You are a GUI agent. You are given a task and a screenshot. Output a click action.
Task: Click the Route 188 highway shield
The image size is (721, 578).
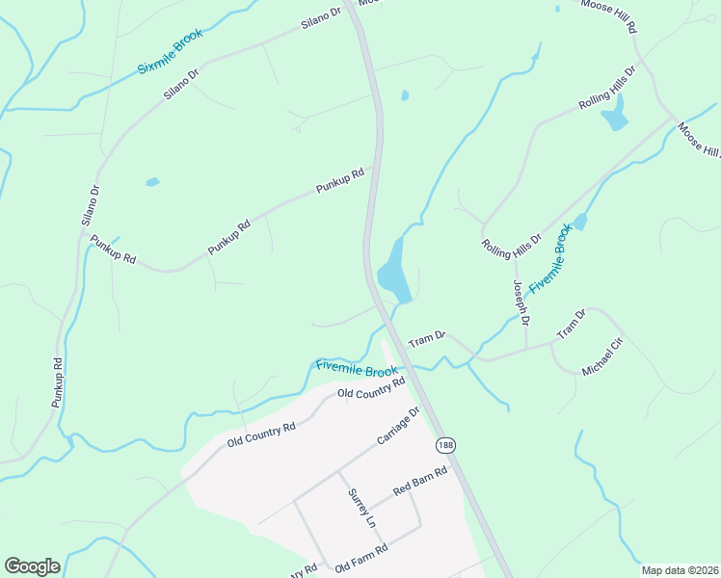click(444, 445)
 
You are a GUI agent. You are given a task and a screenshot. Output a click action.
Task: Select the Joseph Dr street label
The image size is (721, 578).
click(521, 302)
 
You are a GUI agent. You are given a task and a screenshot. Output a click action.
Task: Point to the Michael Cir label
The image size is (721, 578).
click(604, 356)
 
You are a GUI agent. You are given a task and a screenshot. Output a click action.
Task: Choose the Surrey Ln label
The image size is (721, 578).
click(360, 507)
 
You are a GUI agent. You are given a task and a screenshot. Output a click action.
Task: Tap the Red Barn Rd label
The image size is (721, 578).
click(421, 482)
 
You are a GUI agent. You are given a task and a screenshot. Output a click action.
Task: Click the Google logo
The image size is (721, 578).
click(32, 566)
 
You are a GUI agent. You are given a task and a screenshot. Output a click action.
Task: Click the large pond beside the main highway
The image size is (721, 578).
click(394, 271)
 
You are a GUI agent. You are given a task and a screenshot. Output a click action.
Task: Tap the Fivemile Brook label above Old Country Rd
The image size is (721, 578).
click(357, 368)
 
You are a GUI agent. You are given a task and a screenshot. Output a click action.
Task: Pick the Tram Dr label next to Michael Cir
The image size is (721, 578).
click(572, 327)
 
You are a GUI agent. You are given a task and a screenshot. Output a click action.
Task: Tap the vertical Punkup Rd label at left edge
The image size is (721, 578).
click(57, 381)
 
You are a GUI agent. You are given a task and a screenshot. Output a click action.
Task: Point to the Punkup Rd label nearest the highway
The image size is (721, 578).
click(339, 181)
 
